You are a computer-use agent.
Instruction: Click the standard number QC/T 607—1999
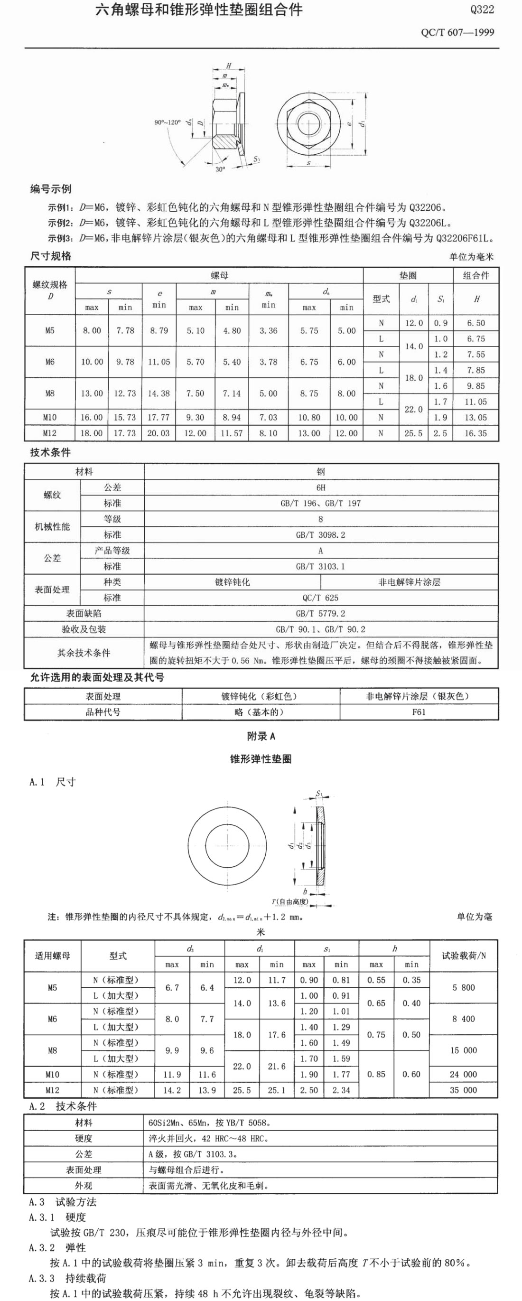click(457, 32)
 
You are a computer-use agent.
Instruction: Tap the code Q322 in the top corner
click(482, 9)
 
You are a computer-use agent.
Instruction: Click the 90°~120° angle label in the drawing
click(167, 122)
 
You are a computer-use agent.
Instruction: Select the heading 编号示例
click(50, 189)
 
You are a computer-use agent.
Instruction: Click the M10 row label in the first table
click(49, 417)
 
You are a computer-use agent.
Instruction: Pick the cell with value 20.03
click(158, 433)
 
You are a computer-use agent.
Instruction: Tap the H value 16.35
click(475, 433)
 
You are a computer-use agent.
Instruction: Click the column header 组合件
click(475, 275)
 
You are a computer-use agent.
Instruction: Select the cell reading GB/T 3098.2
click(321, 534)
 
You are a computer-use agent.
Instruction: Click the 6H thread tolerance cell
click(321, 487)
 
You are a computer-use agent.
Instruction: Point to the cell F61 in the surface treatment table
click(419, 711)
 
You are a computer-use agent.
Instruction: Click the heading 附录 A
click(261, 736)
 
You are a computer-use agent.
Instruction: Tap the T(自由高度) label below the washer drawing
click(290, 901)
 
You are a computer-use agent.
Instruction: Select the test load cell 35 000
click(463, 1090)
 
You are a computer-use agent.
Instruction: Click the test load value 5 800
click(463, 987)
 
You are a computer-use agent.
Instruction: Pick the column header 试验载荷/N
click(464, 955)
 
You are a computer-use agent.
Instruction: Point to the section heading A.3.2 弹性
click(57, 1247)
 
